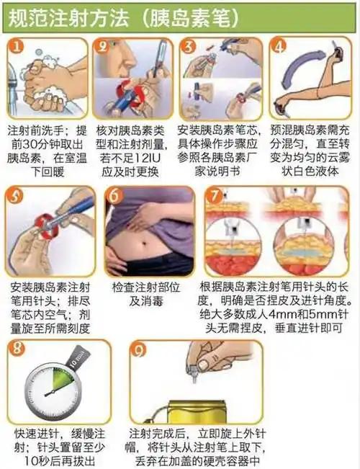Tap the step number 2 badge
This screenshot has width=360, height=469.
pos(106,48)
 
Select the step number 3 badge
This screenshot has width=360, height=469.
pos(190,48)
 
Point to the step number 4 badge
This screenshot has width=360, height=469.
pos(279,48)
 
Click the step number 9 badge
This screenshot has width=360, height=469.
pos(140,350)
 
